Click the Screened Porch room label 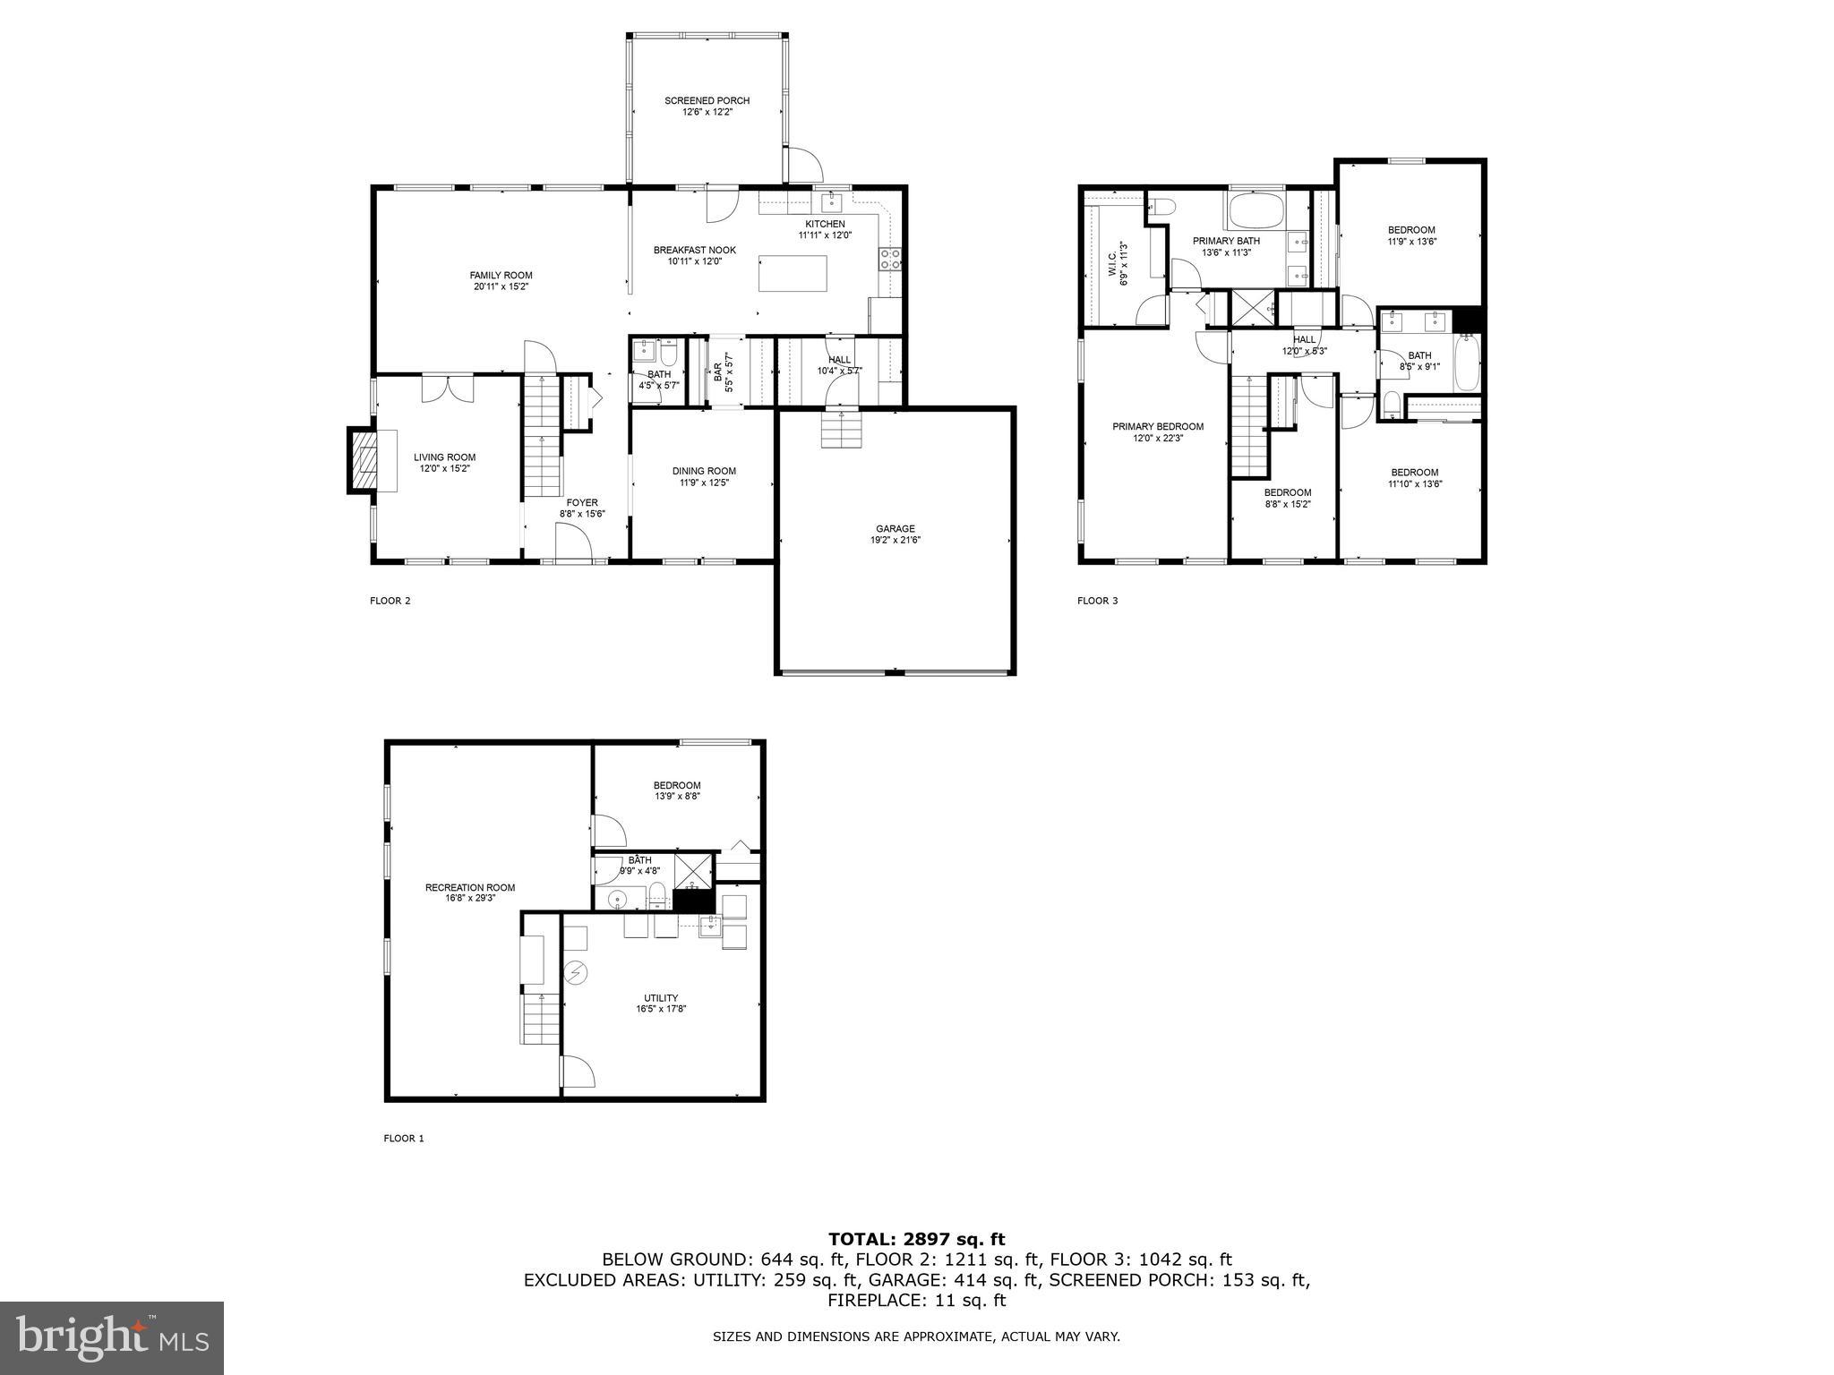(707, 101)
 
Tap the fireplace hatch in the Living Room (364, 461)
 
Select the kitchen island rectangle (793, 273)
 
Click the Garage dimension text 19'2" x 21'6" (895, 540)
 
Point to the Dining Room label (704, 471)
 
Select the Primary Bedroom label (1157, 427)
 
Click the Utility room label (661, 998)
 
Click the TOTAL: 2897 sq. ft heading (916, 1239)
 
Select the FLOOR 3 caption (1097, 601)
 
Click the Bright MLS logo (112, 1338)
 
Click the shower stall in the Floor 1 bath (693, 868)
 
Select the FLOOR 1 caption (403, 1139)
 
